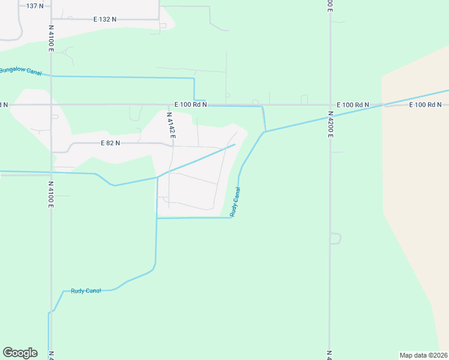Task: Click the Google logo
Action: click(x=20, y=353)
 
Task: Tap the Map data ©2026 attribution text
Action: click(x=423, y=355)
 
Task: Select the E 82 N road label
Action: click(x=110, y=143)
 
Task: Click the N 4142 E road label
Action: click(x=170, y=125)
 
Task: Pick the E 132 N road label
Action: click(x=105, y=19)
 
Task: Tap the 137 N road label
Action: click(x=35, y=5)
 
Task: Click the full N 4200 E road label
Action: click(x=330, y=124)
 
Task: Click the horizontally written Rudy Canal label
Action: click(x=86, y=291)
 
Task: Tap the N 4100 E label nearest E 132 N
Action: click(x=52, y=37)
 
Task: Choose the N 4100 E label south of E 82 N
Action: click(x=52, y=195)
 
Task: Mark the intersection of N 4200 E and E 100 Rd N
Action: click(x=330, y=105)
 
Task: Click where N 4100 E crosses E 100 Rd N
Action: click(x=52, y=104)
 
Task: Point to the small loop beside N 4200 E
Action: click(x=336, y=238)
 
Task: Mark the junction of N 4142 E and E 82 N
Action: click(x=172, y=145)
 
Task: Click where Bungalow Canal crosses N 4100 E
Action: click(x=52, y=76)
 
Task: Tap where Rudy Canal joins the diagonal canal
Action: click(x=265, y=131)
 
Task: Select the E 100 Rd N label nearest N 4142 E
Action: click(x=191, y=104)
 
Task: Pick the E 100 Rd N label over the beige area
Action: click(x=426, y=105)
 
